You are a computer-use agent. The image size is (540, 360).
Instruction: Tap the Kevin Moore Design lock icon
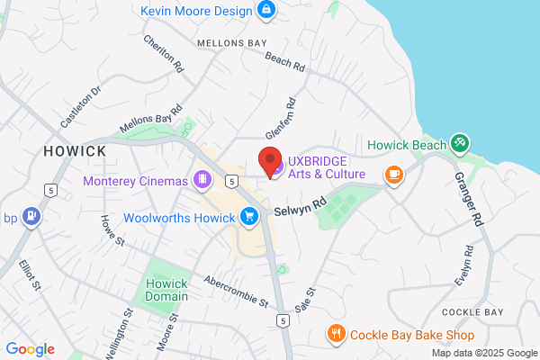tap(265, 10)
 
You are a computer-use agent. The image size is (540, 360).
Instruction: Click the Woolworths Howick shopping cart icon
tap(249, 216)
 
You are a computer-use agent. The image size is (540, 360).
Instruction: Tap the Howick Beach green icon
tap(460, 142)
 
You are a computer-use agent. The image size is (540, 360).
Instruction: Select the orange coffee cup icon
tap(393, 175)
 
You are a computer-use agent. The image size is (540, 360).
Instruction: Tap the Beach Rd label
tap(285, 61)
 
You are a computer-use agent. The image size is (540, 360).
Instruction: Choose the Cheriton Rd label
tap(163, 54)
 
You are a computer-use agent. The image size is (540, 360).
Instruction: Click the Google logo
tap(30, 349)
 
